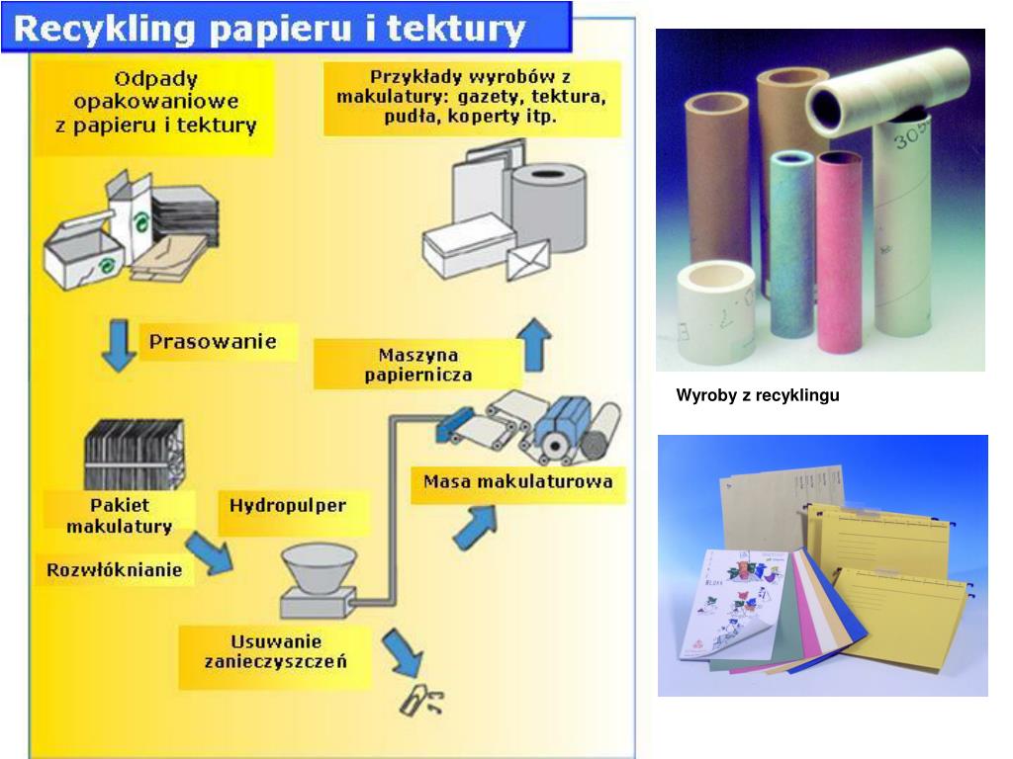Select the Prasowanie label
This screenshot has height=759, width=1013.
tap(212, 343)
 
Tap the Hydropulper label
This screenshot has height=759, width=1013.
tap(288, 505)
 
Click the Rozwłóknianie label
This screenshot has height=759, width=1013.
tap(115, 569)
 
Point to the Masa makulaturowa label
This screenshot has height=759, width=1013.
tap(517, 482)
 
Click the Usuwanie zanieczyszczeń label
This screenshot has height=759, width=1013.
tap(276, 651)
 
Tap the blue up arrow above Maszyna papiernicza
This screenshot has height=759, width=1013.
tap(535, 345)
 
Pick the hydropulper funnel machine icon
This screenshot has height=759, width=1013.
tap(320, 579)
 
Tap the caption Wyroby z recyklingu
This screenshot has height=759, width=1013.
tap(758, 396)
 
